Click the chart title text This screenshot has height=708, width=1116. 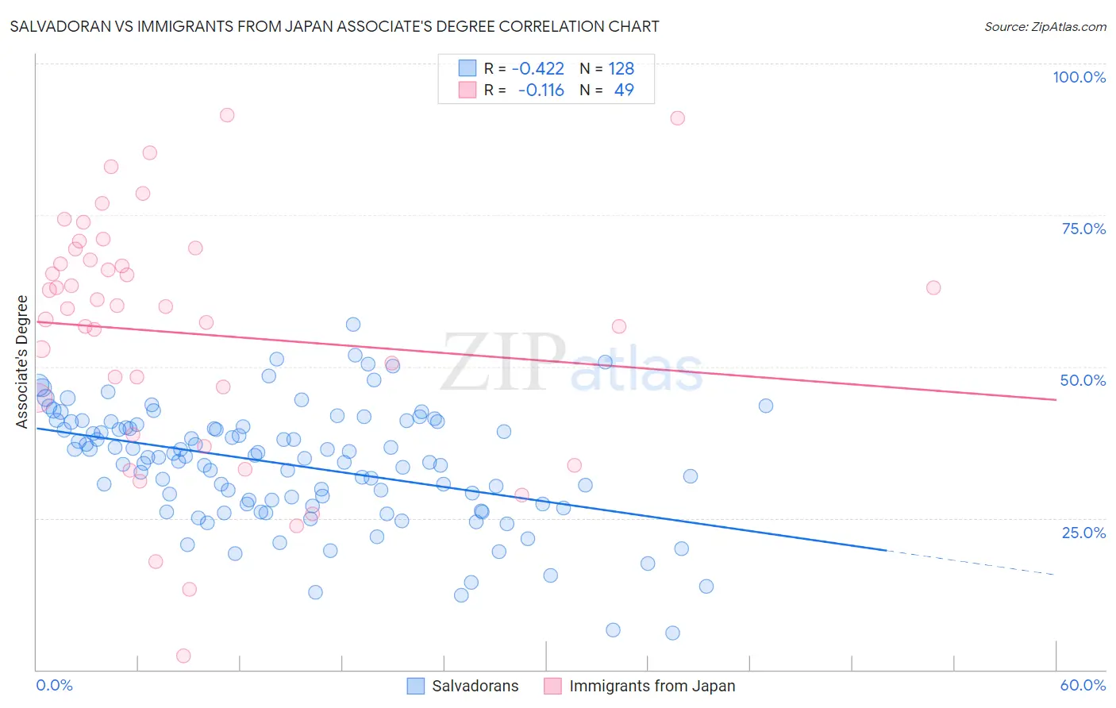(x=334, y=27)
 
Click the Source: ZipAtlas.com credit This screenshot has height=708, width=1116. (x=1045, y=27)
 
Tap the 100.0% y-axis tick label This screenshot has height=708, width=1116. (x=1079, y=77)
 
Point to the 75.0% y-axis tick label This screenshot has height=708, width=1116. (x=1083, y=229)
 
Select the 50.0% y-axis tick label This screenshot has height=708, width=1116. (x=1083, y=380)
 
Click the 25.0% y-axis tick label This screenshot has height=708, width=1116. (x=1083, y=533)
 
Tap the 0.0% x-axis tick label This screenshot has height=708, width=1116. (x=55, y=685)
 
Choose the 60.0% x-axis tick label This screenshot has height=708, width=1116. (x=1083, y=685)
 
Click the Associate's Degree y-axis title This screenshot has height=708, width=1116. (x=22, y=362)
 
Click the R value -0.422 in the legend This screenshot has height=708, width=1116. (x=537, y=68)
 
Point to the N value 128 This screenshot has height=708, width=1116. (x=621, y=68)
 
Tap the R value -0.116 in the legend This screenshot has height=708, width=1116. (x=541, y=90)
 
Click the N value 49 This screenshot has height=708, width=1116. (x=624, y=90)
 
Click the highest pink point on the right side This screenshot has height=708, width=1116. (x=677, y=118)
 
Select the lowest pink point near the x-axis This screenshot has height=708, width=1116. (x=183, y=656)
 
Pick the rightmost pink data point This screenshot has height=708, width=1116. (x=933, y=287)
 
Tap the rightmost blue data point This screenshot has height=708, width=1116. (x=766, y=406)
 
